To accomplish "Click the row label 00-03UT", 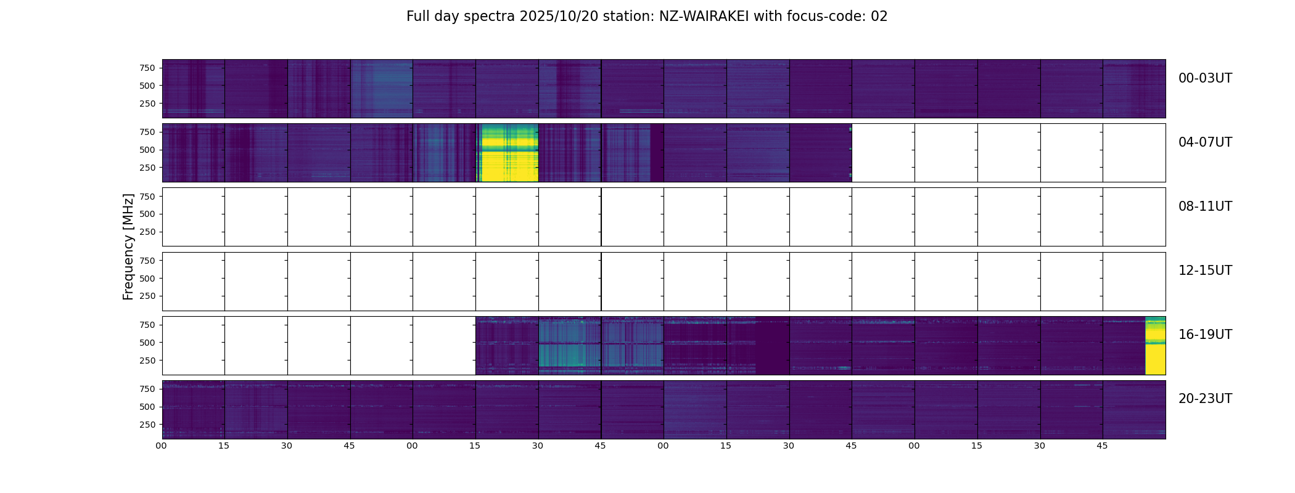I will (x=1205, y=78).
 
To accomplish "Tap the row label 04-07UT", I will (x=1205, y=142).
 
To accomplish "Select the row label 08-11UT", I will (x=1205, y=206).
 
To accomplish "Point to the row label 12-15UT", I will (x=1205, y=271).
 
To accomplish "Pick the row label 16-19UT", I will (x=1205, y=335).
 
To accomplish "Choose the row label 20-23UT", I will (x=1205, y=399).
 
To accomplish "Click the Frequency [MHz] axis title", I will (x=128, y=246).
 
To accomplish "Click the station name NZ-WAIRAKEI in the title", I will (x=704, y=17).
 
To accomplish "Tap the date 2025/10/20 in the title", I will (x=558, y=17).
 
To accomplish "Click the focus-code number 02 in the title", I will (x=879, y=17).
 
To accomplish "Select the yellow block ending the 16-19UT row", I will (x=1155, y=346).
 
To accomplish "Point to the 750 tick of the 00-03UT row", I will (x=147, y=68).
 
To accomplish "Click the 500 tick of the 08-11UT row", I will (x=147, y=214).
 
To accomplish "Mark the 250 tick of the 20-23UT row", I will (x=147, y=425).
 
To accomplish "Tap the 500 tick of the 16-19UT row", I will (x=147, y=343).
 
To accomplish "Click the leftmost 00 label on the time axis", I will (x=162, y=446).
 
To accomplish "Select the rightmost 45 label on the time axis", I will (x=1102, y=446).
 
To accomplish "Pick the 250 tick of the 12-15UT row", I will (x=147, y=296).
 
